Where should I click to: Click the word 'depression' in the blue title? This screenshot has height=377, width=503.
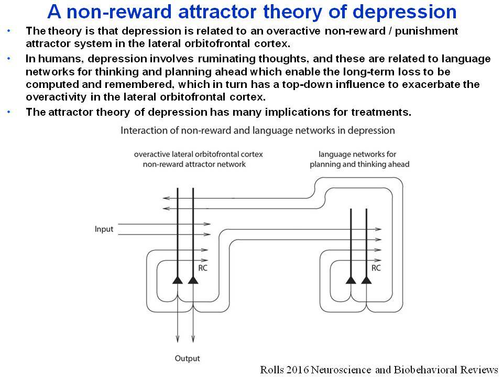coord(404,13)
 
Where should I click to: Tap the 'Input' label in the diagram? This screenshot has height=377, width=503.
coord(104,229)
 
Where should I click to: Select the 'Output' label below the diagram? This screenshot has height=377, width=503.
coord(188,358)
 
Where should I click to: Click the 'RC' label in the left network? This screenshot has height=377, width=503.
coord(203,268)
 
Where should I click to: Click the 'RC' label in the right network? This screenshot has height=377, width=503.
coord(376,268)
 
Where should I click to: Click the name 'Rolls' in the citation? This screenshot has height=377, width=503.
coord(272,370)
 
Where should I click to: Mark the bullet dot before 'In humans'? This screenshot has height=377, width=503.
coord(9,59)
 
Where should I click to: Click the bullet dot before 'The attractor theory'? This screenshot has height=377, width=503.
coord(9,112)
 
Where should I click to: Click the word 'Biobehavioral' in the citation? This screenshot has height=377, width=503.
coord(425,370)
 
